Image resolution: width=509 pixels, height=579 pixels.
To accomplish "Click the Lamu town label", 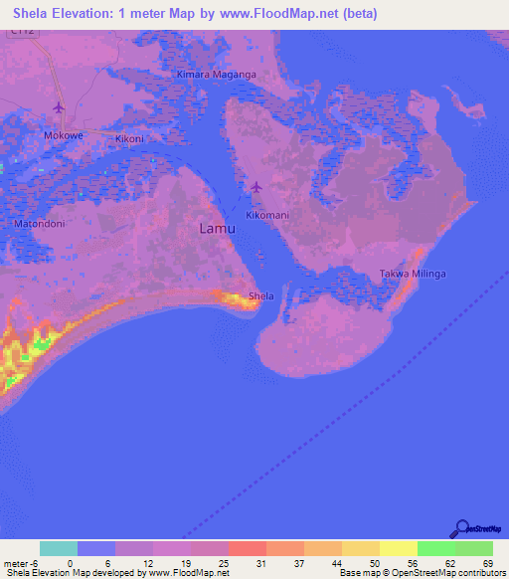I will click(x=218, y=229).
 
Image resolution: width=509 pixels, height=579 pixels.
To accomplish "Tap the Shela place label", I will click(x=261, y=296).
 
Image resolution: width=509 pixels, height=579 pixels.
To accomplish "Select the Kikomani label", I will click(x=266, y=215).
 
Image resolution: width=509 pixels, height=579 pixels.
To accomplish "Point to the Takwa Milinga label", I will click(x=414, y=274).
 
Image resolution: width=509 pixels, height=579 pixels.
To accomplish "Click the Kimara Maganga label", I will click(x=217, y=75).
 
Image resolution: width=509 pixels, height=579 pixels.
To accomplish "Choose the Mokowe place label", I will click(x=62, y=134).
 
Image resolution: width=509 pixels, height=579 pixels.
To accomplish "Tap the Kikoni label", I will click(x=130, y=139).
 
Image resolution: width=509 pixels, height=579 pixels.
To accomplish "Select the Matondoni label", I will click(x=40, y=224).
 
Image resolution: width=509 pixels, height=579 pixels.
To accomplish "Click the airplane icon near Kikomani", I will click(x=257, y=186).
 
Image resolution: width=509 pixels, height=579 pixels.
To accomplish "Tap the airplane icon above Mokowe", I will click(x=58, y=107).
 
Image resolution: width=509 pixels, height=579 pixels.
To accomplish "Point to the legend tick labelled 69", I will click(x=487, y=563).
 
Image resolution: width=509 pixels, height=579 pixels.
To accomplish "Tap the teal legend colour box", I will click(x=59, y=548).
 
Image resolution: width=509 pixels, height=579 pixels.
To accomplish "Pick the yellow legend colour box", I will click(x=399, y=548).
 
